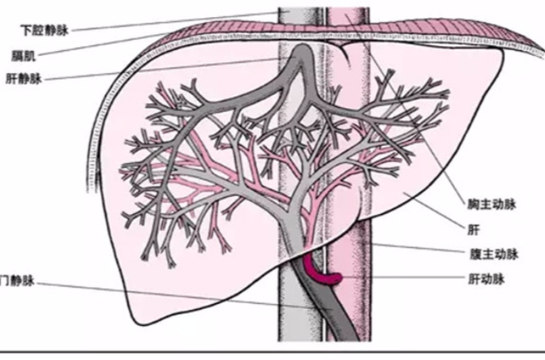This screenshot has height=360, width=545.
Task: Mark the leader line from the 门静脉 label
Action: pos(162,296)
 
